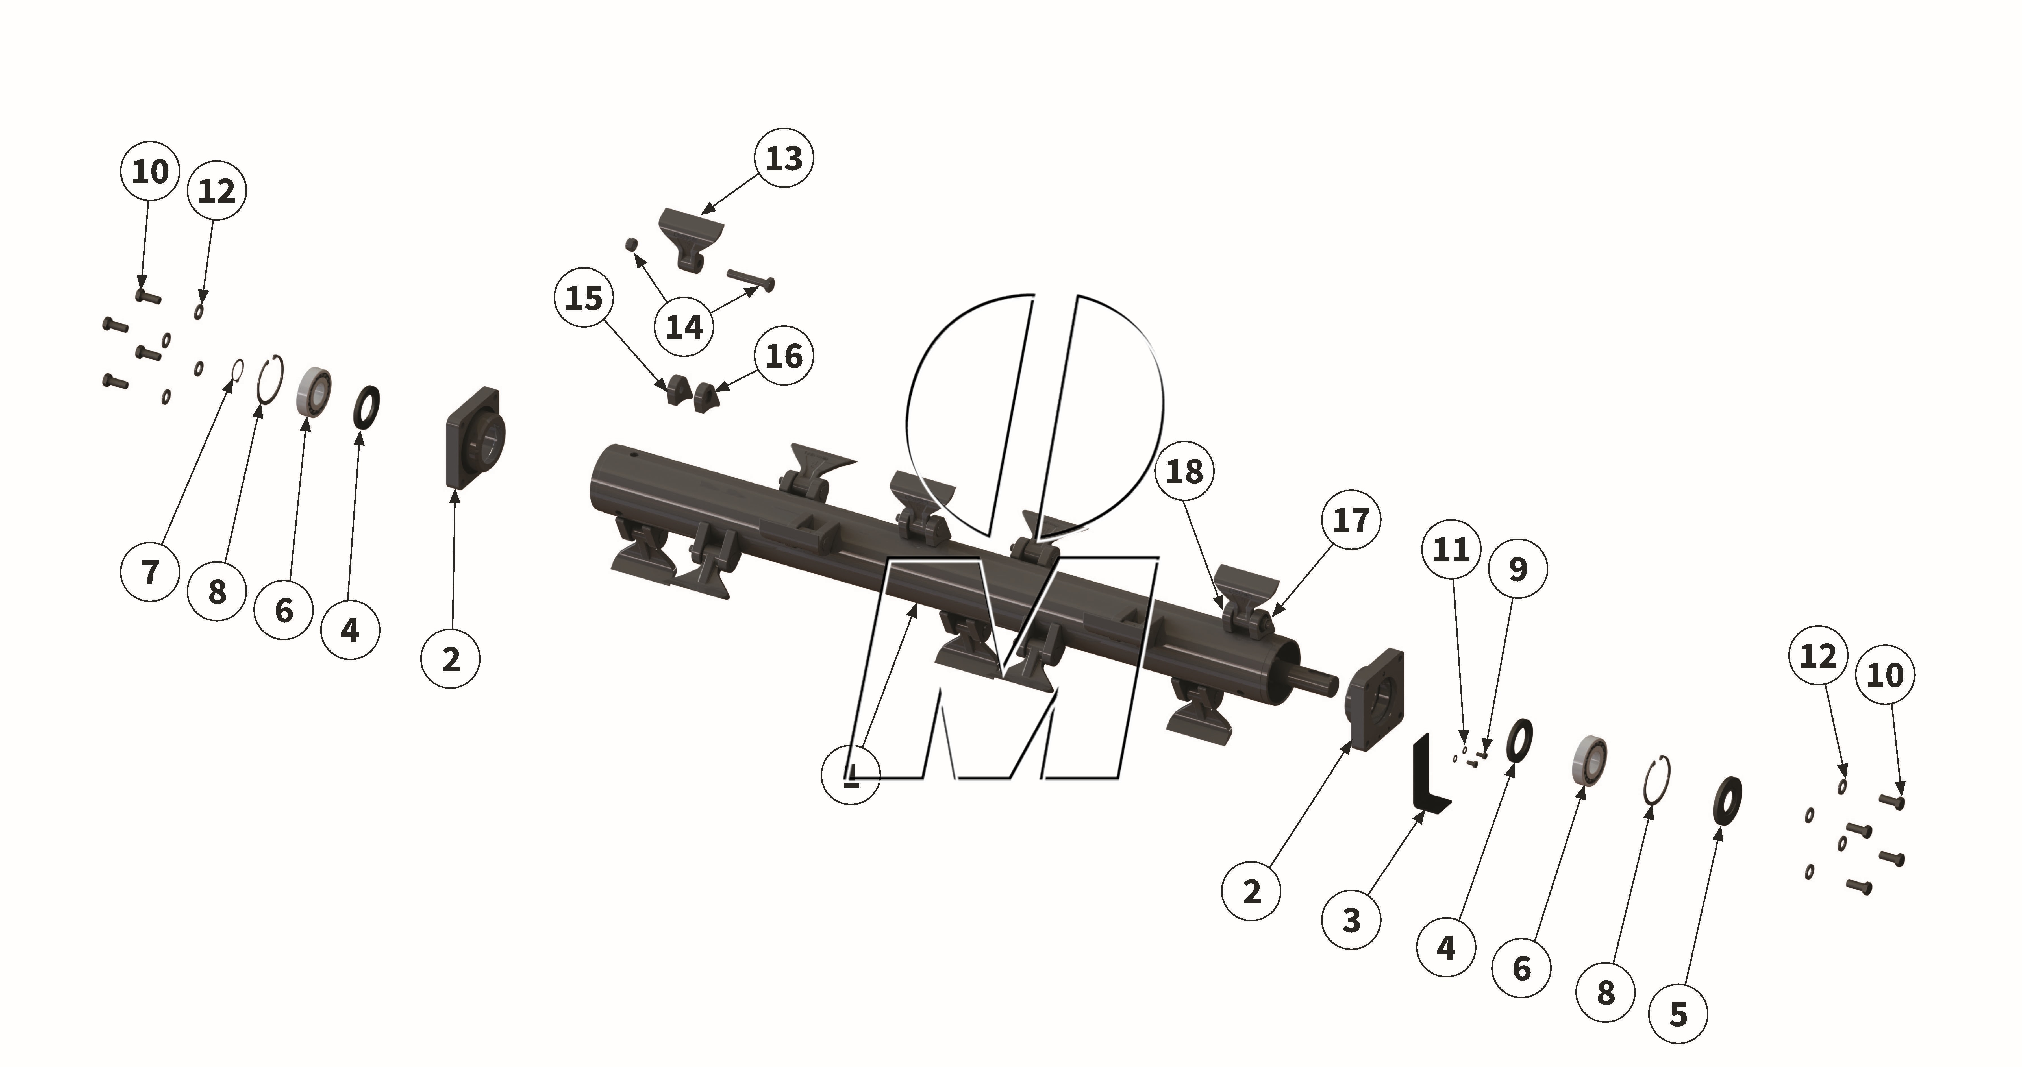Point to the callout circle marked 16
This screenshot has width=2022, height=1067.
click(783, 356)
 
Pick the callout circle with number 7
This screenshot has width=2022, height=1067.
click(150, 572)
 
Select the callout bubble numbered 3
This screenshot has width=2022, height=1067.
click(1351, 920)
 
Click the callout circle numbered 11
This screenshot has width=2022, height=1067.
click(1451, 549)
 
